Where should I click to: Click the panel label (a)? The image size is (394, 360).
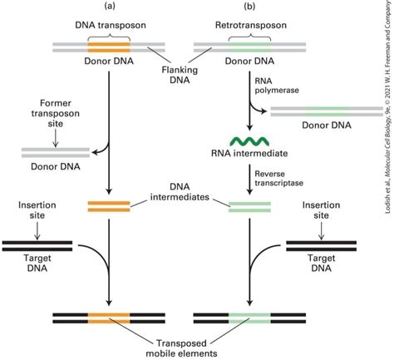point(110,7)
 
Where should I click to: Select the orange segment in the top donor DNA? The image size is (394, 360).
point(110,47)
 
